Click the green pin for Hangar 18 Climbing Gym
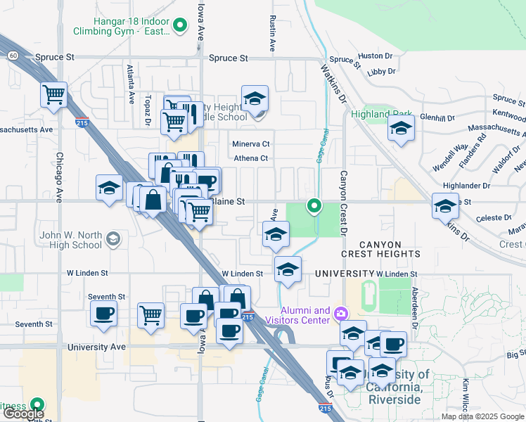(x=180, y=27)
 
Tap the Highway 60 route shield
(x=13, y=55)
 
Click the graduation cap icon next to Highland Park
(x=401, y=128)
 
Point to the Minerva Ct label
(x=251, y=144)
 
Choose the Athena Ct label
(x=251, y=158)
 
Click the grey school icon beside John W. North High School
(x=112, y=240)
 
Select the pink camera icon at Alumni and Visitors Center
(x=341, y=312)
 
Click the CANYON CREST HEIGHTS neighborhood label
(x=380, y=247)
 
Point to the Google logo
(x=23, y=414)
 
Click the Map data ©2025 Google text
(x=482, y=416)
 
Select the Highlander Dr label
(x=466, y=185)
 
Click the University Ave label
(x=96, y=347)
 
